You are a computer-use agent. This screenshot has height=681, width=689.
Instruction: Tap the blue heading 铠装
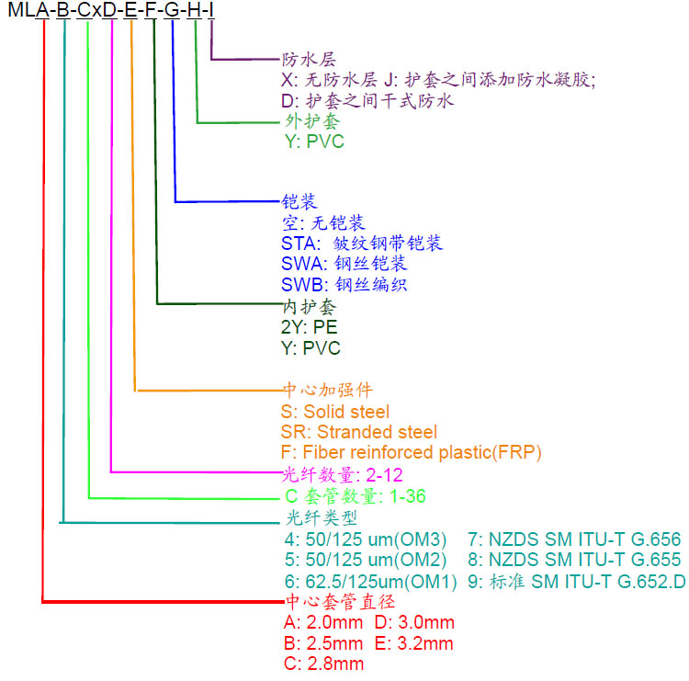(x=299, y=202)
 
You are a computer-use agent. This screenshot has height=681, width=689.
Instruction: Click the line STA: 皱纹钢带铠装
(x=362, y=244)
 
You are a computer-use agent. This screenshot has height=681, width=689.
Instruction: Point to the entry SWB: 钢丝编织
(x=344, y=285)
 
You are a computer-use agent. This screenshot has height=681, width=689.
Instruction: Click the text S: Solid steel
(x=335, y=412)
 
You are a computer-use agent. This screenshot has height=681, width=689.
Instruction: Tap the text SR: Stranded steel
(x=359, y=432)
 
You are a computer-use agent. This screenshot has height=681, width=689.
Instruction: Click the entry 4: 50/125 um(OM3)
(x=366, y=539)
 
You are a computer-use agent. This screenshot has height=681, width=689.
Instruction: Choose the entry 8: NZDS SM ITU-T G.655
(x=574, y=560)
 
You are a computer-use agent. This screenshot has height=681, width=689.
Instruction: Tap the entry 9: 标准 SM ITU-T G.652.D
(x=577, y=581)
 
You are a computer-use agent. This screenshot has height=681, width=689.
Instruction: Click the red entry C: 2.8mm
(x=323, y=664)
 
